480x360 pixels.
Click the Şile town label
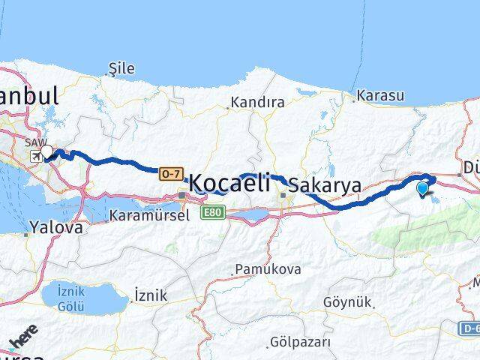pyautogui.click(x=121, y=68)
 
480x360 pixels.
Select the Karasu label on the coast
pyautogui.click(x=380, y=96)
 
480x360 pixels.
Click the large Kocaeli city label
pyautogui.click(x=229, y=182)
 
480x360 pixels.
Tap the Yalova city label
pyautogui.click(x=55, y=227)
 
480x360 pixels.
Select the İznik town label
pyautogui.click(x=149, y=295)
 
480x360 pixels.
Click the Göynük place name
pyautogui.click(x=347, y=301)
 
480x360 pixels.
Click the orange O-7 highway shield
pyautogui.click(x=170, y=174)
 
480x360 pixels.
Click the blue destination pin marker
pyautogui.click(x=424, y=188)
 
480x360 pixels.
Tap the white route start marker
pyautogui.click(x=47, y=151)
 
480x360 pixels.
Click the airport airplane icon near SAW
pyautogui.click(x=35, y=156)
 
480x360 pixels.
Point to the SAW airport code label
pyautogui.click(x=34, y=142)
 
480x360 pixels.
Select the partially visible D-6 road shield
pyautogui.click(x=469, y=328)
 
